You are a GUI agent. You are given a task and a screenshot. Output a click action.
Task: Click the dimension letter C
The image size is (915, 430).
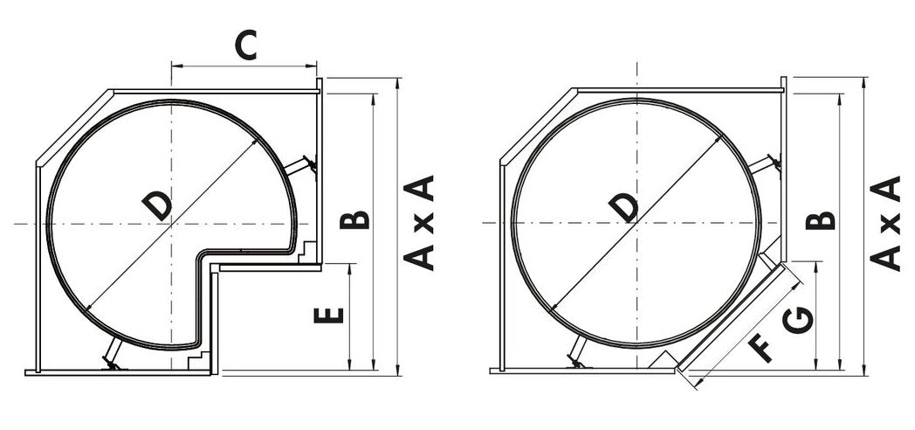coord(247,45)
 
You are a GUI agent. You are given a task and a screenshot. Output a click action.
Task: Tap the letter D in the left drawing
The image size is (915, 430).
coord(158,206)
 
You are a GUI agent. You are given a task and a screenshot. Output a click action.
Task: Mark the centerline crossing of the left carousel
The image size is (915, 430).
coord(172,225)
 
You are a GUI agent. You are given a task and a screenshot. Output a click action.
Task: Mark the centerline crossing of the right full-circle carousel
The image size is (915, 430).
coord(636,225)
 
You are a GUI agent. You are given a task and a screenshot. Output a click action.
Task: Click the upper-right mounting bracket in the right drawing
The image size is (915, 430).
coord(767,163)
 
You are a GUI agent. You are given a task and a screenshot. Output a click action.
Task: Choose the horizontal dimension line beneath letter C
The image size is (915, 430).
coord(244,66)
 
